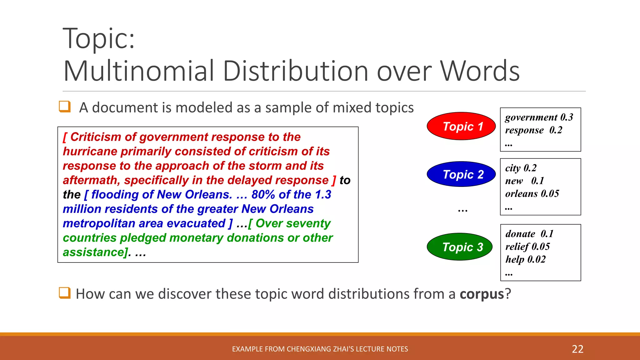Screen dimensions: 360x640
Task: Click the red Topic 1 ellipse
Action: click(x=461, y=126)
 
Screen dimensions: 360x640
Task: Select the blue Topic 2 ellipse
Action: click(x=461, y=174)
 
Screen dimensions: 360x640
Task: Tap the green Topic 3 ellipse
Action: click(x=460, y=247)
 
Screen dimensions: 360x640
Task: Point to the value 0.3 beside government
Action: click(x=567, y=117)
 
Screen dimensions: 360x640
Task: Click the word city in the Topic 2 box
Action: click(x=513, y=168)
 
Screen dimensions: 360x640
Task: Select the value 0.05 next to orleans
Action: click(x=550, y=194)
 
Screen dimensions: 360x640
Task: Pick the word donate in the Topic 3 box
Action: click(x=520, y=234)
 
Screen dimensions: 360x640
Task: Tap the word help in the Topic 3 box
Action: click(x=515, y=259)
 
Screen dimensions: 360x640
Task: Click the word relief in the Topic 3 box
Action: click(x=517, y=247)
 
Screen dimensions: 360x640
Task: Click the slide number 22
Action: click(x=577, y=349)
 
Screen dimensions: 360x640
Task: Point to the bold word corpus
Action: click(x=482, y=294)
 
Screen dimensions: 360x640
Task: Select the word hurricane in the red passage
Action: click(x=90, y=152)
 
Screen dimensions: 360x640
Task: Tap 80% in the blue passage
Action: click(x=263, y=195)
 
